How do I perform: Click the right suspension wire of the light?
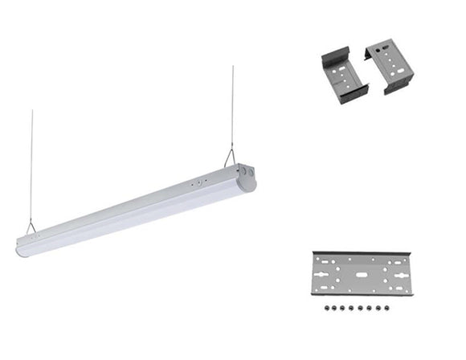233,104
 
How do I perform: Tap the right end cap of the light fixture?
246,176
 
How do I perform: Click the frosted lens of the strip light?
129,221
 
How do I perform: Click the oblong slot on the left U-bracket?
346,71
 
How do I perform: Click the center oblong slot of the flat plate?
359,273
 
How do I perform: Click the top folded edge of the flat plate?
359,253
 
